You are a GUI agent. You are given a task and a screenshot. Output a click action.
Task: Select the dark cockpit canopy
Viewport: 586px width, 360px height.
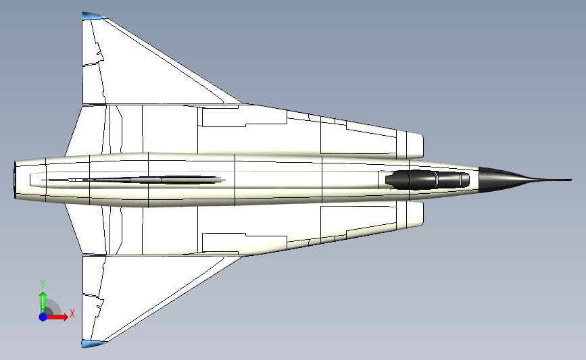pos(426,180)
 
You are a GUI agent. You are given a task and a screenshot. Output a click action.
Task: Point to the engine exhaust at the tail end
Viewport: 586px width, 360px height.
pos(15,180)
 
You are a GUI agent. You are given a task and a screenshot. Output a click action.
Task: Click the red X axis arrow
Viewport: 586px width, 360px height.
pos(59,316)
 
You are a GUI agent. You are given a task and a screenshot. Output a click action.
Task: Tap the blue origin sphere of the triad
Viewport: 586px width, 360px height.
pos(43,316)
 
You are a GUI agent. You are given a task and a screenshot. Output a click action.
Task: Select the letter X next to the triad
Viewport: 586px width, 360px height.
pos(72,313)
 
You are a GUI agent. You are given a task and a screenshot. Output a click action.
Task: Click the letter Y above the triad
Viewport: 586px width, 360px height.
pos(42,284)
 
